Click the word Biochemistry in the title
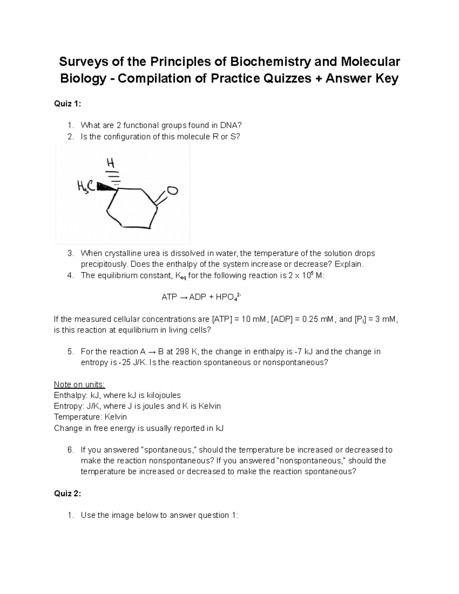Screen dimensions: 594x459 click(269, 61)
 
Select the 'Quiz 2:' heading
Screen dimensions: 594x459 click(67, 493)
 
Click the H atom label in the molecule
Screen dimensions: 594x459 click(111, 163)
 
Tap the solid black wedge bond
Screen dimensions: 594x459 click(107, 187)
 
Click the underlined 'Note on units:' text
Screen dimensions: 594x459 click(79, 384)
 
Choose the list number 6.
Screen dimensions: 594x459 click(70, 450)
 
